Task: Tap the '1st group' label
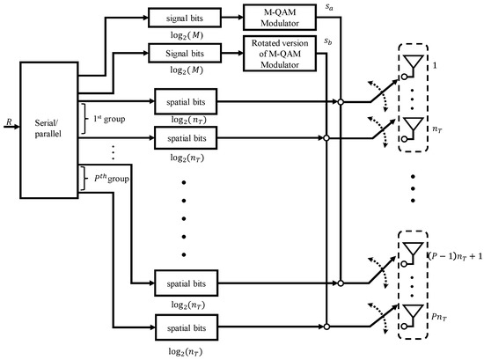pos(114,118)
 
